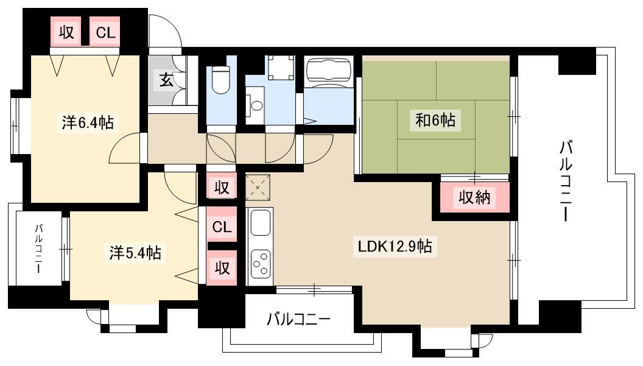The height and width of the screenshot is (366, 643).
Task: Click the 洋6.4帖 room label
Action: point(88,122)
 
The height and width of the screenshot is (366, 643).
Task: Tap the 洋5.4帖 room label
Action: point(135,253)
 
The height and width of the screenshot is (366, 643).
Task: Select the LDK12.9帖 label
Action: point(395,246)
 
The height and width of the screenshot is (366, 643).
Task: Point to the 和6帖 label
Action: point(435,120)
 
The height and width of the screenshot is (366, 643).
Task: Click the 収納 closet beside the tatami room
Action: point(474,197)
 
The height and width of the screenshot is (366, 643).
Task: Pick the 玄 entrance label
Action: point(166,80)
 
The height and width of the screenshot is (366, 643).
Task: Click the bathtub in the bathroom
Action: point(329,69)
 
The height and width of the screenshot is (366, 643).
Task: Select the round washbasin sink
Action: point(257,105)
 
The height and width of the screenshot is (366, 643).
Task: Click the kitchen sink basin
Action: point(260,223)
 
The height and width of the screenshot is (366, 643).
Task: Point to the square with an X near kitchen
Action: point(258,188)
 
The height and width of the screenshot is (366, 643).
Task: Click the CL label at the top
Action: point(105,32)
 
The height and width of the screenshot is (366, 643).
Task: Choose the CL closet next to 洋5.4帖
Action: point(222,227)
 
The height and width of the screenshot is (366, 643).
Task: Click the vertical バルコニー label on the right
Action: point(566,181)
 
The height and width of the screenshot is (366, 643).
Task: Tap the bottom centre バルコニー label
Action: point(298,319)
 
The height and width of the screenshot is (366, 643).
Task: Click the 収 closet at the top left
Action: point(66,32)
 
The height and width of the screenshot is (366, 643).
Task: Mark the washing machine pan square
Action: point(281,68)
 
